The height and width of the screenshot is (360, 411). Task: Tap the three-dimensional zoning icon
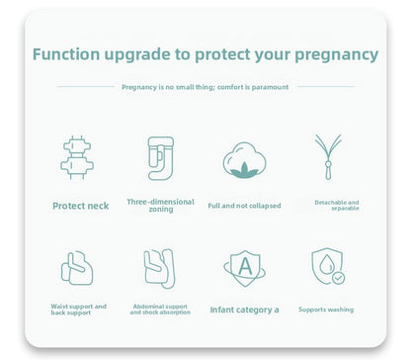(x=160, y=157)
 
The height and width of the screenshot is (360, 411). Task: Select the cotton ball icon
(x=244, y=160)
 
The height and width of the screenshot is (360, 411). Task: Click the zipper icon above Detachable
(x=327, y=156)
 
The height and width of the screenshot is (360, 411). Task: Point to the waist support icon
(x=77, y=267)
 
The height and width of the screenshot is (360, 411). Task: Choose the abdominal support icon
(x=160, y=267)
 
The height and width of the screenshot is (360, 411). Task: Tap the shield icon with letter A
(x=244, y=268)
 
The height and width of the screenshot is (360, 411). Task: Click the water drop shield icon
(x=327, y=267)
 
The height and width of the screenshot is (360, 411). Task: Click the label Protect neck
(x=80, y=206)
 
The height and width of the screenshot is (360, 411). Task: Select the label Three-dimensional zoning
(x=160, y=205)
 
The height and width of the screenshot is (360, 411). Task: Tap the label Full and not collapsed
(x=244, y=206)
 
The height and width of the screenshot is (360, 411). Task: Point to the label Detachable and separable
(x=337, y=205)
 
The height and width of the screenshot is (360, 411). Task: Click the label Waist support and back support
(x=79, y=309)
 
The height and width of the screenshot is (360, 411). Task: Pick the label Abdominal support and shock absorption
(x=160, y=309)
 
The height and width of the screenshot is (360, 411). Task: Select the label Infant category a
(x=244, y=310)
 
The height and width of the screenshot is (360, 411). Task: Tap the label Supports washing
(x=326, y=310)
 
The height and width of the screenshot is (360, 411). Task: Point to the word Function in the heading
(x=67, y=54)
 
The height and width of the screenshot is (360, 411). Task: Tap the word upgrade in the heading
(x=139, y=54)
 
